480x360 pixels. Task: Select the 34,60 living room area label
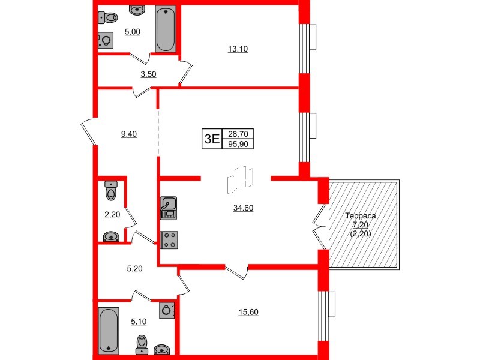[x=242, y=208]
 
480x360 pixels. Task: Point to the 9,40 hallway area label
[x=129, y=134]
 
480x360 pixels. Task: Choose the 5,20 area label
[x=134, y=269]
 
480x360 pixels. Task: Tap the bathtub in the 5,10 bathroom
[x=108, y=330]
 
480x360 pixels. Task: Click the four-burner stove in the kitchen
[x=169, y=239]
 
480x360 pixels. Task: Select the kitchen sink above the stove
[x=168, y=207]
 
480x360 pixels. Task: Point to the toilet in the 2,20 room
[x=110, y=191]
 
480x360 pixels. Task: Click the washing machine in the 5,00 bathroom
[x=106, y=40]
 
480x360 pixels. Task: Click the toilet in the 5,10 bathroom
[x=142, y=343]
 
